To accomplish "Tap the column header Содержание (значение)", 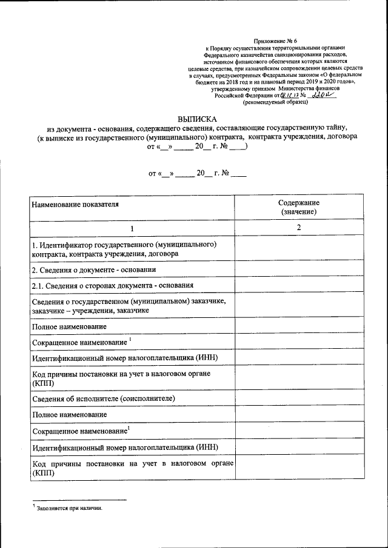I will (x=299, y=207).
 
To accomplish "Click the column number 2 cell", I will (x=299, y=228).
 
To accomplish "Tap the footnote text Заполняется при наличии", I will (x=70, y=509).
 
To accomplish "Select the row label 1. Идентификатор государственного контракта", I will (x=124, y=249).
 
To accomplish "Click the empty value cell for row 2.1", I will (x=299, y=285).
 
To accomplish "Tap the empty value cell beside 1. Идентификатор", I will (x=299, y=249).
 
